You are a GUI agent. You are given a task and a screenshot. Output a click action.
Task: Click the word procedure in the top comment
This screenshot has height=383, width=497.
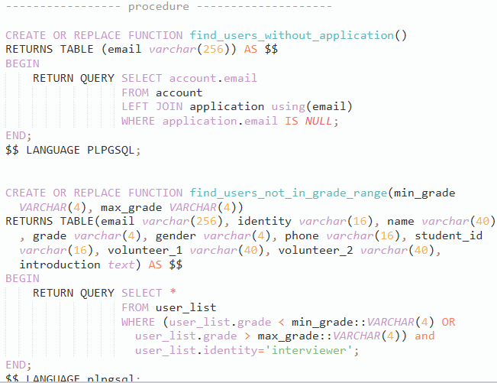158,7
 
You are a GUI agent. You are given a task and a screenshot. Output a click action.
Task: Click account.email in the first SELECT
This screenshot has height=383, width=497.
213,78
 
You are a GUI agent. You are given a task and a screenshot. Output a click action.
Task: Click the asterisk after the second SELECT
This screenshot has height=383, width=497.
172,293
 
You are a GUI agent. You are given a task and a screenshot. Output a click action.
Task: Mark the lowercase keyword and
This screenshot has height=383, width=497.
424,336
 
